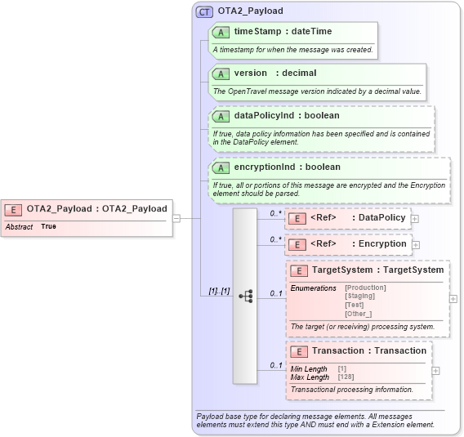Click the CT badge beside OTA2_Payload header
click(204, 11)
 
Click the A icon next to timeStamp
click(221, 32)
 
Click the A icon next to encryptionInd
click(221, 167)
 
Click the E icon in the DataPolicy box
click(297, 218)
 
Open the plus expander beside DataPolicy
click(415, 219)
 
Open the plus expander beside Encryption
click(416, 244)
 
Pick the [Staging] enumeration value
click(359, 296)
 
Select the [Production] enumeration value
click(365, 288)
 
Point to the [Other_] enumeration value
click(358, 313)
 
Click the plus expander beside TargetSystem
click(453, 299)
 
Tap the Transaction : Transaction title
click(368, 351)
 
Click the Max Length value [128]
click(346, 377)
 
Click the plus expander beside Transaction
click(436, 371)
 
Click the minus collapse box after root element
click(176, 218)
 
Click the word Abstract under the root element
click(19, 227)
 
